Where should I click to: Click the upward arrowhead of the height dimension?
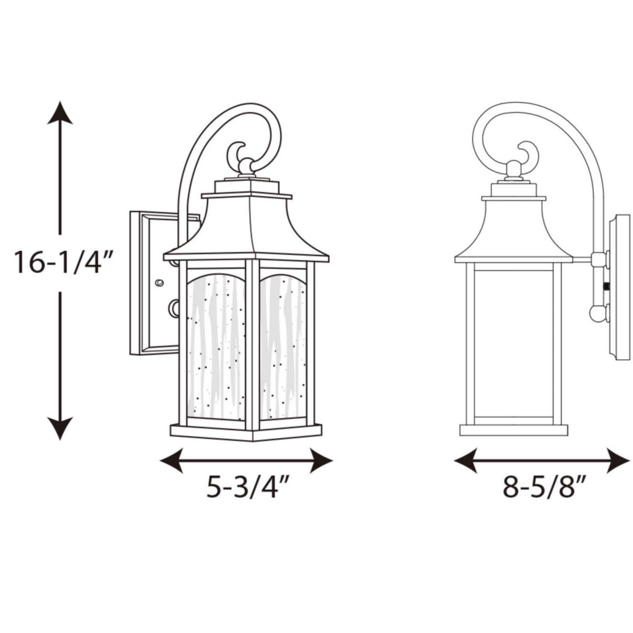point(60,113)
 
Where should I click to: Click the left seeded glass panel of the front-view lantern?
point(216,346)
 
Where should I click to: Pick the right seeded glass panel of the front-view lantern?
point(283,346)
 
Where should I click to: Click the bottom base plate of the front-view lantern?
point(246,433)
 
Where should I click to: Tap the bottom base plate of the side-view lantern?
point(513,430)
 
